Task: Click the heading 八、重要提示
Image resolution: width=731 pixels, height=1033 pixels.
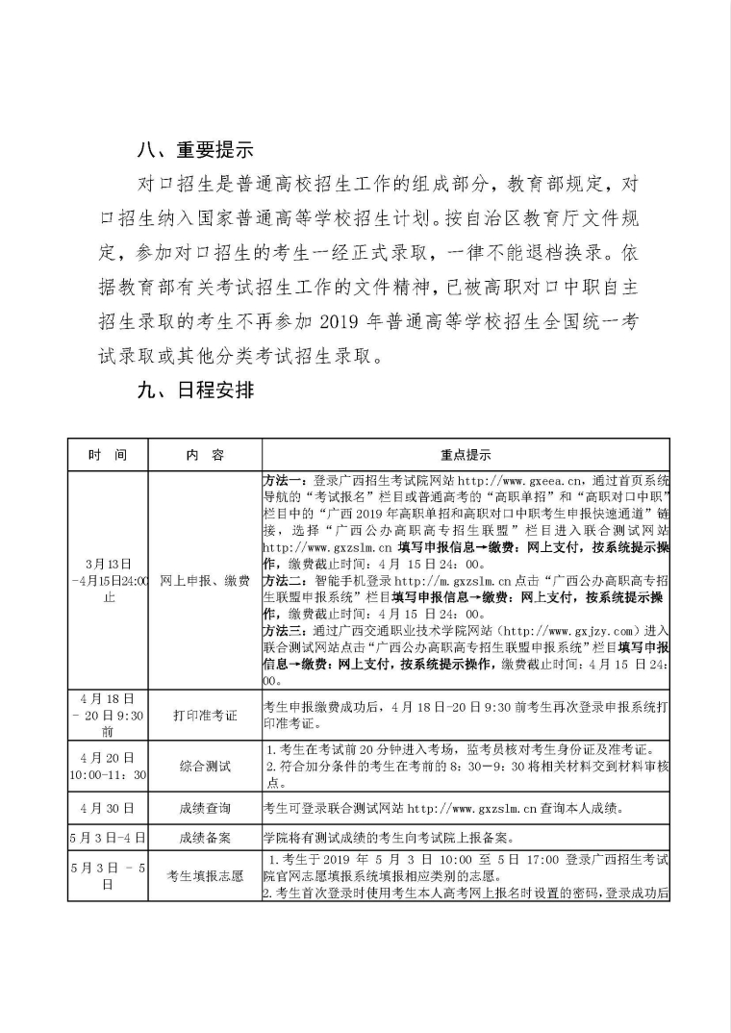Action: [194, 149]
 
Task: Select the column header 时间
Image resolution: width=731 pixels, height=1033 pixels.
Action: [107, 454]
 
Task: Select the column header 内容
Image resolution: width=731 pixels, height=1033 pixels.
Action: [204, 454]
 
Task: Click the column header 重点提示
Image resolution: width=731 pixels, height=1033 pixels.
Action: [466, 454]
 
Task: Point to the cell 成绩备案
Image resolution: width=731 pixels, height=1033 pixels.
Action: [204, 837]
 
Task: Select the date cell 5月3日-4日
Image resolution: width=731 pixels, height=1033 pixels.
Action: [107, 837]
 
